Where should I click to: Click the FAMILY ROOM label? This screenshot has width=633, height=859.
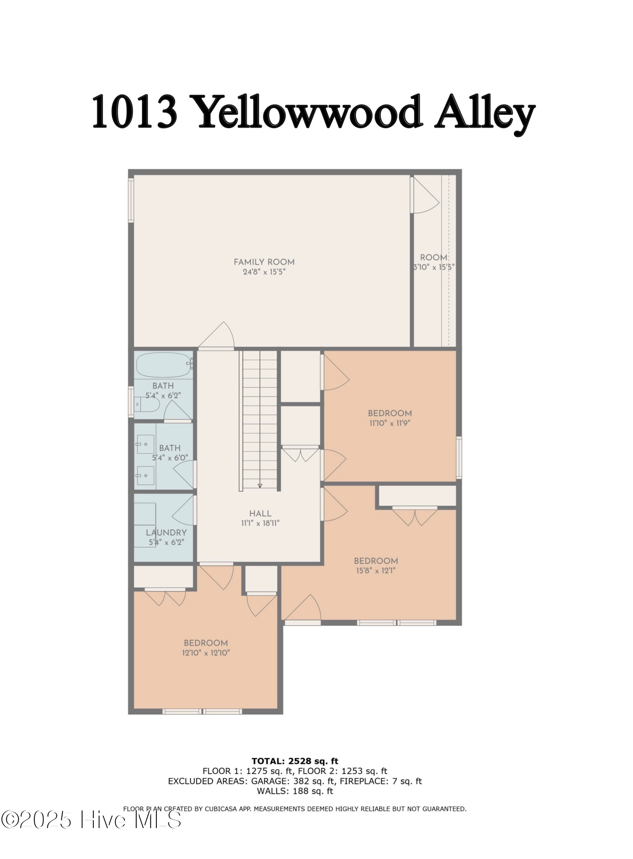264,262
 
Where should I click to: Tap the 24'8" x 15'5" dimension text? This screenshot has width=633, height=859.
264,272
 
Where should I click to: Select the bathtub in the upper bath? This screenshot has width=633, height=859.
163,365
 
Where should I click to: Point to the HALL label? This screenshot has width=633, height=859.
260,514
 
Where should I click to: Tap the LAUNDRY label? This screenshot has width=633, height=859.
166,533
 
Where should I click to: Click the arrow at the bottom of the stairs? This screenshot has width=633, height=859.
260,486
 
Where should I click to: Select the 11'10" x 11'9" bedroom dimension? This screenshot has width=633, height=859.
390,423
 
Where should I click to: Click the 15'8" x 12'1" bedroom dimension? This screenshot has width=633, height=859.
376,571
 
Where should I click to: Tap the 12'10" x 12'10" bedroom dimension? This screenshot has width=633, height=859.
206,653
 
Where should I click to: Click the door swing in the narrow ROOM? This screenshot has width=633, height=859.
425,196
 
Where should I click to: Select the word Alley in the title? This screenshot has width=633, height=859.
484,113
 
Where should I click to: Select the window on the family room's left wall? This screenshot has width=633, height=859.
131,201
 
